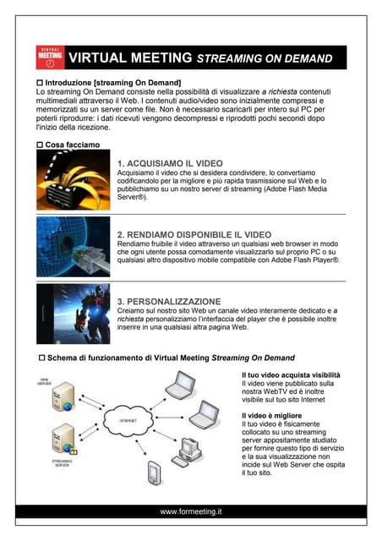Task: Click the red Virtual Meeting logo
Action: click(51, 57)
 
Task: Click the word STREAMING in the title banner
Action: click(232, 59)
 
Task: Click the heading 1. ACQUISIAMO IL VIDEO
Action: click(168, 162)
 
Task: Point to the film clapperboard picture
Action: click(72, 180)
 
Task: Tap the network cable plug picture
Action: click(72, 248)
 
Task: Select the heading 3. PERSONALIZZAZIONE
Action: click(169, 301)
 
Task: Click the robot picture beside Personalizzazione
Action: click(72, 314)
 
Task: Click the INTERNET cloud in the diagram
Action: click(128, 419)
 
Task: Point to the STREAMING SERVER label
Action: click(50, 462)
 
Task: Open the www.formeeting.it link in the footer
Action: click(191, 511)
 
